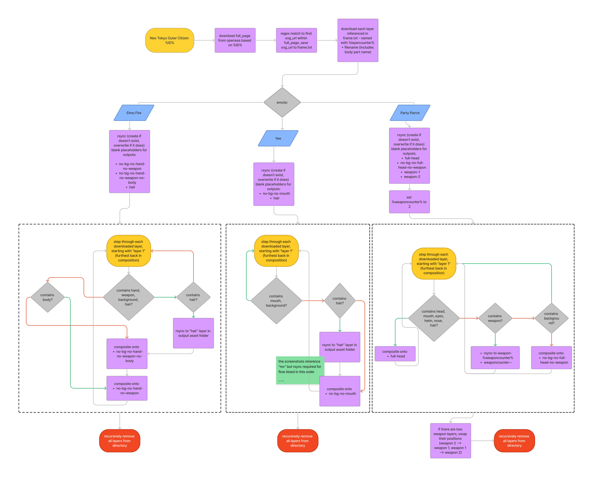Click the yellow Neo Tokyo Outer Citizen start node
(x=169, y=40)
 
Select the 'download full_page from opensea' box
(x=235, y=40)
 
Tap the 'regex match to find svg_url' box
(x=296, y=40)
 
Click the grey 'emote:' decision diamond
(x=282, y=102)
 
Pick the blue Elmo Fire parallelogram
(x=134, y=113)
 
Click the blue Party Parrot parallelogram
(x=410, y=113)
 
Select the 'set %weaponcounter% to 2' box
(x=409, y=202)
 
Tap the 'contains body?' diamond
(x=48, y=297)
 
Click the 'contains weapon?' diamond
(x=495, y=318)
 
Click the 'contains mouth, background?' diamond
(x=276, y=301)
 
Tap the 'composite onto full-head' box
(x=395, y=354)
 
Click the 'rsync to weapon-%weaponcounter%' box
(x=495, y=358)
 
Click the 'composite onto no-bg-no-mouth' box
(x=340, y=391)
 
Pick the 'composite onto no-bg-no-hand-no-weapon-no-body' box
(x=127, y=354)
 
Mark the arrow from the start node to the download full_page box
(x=204, y=40)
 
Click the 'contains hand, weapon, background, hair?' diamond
(x=128, y=297)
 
